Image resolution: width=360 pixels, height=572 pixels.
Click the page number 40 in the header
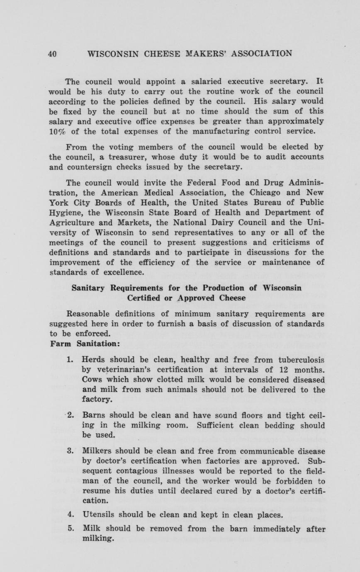[52, 54]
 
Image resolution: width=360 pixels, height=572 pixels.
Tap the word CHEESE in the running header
[160, 54]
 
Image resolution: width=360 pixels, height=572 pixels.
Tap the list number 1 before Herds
[69, 360]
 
